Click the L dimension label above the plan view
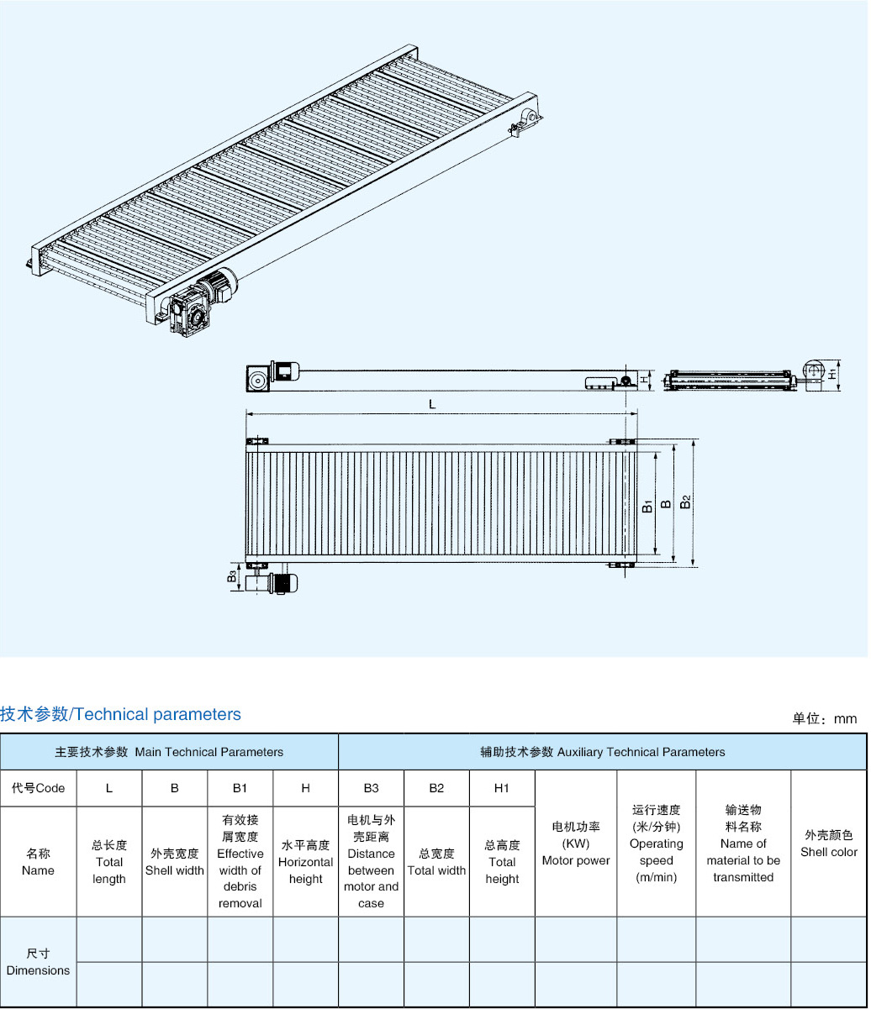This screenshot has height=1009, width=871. (432, 404)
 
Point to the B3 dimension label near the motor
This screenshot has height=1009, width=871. (231, 577)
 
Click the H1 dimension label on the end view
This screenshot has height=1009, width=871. (832, 373)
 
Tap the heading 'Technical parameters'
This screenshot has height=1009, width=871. (120, 715)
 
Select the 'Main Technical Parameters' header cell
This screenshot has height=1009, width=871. (169, 752)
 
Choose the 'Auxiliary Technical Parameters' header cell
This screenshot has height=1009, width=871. (602, 752)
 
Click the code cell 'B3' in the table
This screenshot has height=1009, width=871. (371, 788)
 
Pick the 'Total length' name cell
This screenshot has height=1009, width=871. (109, 862)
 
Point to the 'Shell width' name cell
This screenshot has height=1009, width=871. (175, 862)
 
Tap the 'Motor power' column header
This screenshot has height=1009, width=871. (576, 843)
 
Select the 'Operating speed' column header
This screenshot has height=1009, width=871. (656, 843)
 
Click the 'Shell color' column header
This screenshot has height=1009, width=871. (828, 843)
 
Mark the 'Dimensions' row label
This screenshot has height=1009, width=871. (38, 962)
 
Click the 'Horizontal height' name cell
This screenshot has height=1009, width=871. (305, 862)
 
